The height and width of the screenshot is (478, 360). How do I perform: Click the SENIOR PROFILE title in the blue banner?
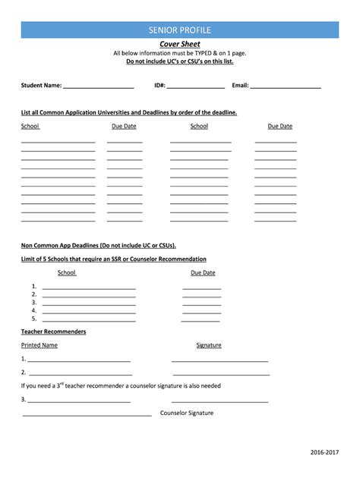pos(180,30)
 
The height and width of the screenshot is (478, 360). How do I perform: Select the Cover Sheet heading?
pos(180,44)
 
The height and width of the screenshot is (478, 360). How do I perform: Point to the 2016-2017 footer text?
pos(324,452)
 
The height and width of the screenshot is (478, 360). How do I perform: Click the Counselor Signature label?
pos(187,414)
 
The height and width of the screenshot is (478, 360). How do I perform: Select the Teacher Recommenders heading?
pos(53,332)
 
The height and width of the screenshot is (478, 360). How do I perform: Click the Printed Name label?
pos(39,345)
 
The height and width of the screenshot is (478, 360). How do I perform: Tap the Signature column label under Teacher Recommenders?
pos(209,345)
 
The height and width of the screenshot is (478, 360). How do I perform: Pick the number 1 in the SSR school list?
pos(34,286)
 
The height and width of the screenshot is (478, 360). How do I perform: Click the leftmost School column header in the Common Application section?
pos(30,126)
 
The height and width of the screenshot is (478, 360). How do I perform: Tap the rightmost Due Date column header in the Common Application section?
pos(279,126)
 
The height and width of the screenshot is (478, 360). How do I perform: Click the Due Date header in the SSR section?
pos(203,272)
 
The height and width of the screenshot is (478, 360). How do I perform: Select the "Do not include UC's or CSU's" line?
pos(180,61)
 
